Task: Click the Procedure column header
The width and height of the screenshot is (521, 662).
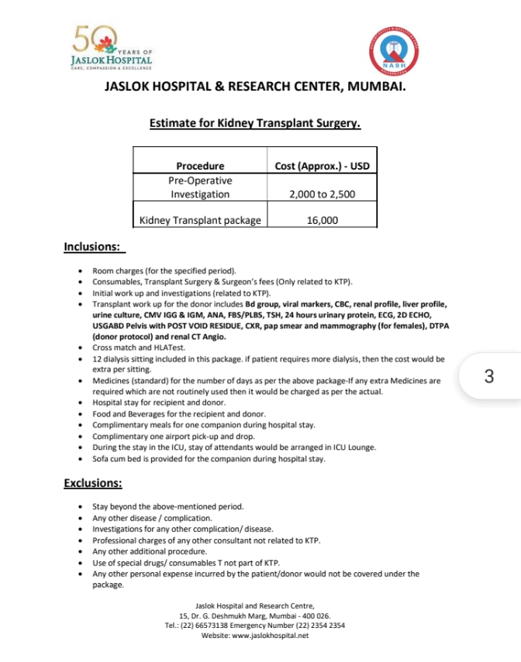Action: (200, 166)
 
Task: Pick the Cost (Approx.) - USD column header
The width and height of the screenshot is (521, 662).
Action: (322, 166)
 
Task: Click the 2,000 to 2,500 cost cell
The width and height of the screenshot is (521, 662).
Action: (322, 194)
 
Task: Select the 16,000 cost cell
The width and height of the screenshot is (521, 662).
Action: (322, 221)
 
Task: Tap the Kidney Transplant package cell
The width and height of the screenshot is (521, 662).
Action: (200, 221)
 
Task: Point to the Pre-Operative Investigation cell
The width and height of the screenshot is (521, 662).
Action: (200, 187)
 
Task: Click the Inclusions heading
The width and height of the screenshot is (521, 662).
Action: (93, 248)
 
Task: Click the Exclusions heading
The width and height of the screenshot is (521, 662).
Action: (93, 484)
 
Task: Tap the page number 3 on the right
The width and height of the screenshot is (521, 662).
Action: (488, 377)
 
